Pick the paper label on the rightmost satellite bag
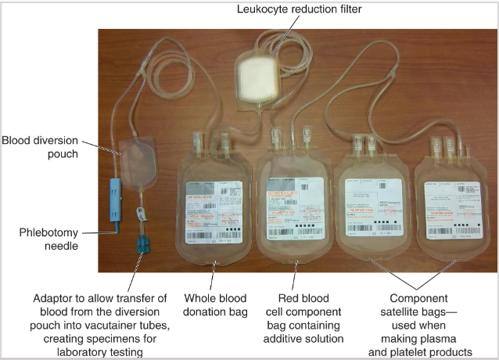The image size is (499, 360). point(451,205)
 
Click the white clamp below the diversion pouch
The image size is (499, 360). point(141,213)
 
